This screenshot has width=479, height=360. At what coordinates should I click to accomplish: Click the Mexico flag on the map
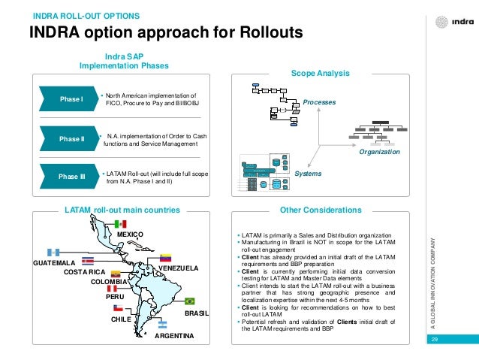pos(119,224)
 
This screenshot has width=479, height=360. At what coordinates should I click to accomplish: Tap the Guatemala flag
pos(53,253)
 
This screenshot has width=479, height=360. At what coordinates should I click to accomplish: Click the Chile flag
pos(118,308)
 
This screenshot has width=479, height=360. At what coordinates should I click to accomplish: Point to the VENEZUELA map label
pos(178,268)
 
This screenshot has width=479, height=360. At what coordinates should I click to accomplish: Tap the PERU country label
pos(115,297)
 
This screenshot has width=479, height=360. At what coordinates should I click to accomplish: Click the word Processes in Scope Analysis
pos(319,101)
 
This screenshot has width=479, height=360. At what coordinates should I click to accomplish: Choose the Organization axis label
pos(379,151)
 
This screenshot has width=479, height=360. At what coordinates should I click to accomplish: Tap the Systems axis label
pos(308,174)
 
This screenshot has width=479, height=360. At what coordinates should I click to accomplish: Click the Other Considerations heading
pos(320,210)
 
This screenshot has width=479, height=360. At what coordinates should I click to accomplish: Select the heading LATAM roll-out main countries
pos(122,210)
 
